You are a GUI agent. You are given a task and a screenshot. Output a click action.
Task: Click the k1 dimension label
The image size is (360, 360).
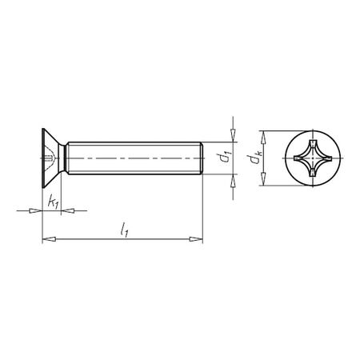[x=53, y=203]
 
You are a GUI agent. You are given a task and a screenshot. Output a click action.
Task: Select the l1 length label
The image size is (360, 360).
[x=123, y=230]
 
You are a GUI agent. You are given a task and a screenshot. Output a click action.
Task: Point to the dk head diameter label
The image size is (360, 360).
[x=254, y=159]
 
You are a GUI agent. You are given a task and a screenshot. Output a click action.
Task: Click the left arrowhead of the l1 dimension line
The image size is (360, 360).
[x=46, y=238]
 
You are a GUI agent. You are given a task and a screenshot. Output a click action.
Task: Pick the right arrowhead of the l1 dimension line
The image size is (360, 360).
[x=196, y=238]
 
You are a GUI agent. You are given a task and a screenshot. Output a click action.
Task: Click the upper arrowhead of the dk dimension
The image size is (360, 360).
[x=261, y=135]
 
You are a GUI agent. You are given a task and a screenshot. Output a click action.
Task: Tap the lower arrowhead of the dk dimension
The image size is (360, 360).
[x=261, y=184]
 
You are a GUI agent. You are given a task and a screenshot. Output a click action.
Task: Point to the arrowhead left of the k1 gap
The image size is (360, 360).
[x=36, y=211]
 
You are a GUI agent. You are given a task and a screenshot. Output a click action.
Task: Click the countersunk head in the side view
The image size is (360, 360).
[x=50, y=160]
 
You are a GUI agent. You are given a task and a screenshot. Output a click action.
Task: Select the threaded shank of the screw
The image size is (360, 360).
[x=132, y=160]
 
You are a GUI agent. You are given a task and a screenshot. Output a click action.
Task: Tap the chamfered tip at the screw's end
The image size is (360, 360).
[x=200, y=160]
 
